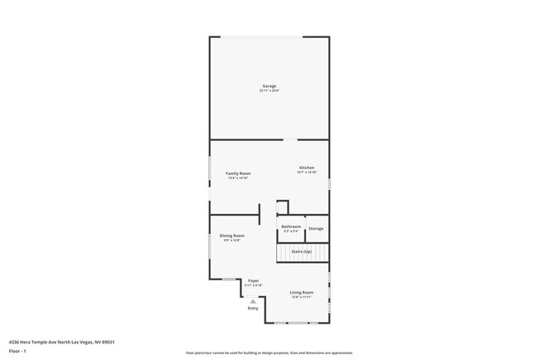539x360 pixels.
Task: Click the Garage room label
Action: (269, 86)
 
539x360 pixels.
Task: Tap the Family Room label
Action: (239, 173)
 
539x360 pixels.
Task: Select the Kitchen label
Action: (307, 168)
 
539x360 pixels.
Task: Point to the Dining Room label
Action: (232, 236)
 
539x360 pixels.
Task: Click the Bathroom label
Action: (291, 226)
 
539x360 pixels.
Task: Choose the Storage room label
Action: (316, 228)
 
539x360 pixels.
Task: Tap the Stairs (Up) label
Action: (302, 251)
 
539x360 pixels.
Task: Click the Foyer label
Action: (254, 280)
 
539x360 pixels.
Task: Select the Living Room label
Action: (302, 292)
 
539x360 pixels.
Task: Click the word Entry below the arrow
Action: (253, 309)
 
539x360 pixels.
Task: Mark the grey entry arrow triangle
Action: (253, 300)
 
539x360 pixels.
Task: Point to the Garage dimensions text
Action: (269, 91)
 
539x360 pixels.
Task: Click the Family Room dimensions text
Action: (239, 178)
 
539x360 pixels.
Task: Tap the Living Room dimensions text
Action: (302, 296)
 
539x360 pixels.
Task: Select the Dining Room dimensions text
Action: (232, 241)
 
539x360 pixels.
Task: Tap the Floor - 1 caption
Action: (18, 351)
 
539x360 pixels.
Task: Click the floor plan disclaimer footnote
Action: (269, 353)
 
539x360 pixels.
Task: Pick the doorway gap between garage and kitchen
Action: (290, 139)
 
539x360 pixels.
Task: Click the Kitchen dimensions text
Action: (307, 173)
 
